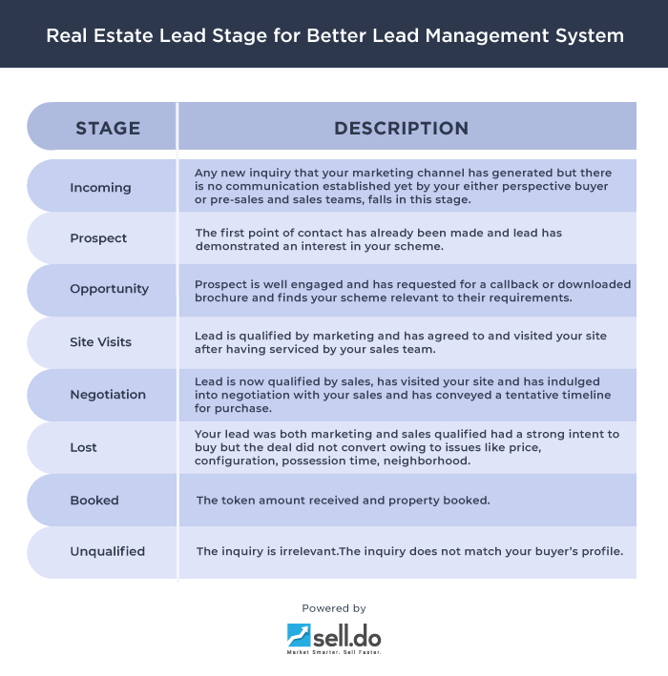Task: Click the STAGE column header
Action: (108, 128)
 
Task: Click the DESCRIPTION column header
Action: (401, 128)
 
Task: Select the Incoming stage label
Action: (100, 188)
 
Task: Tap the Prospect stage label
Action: (98, 238)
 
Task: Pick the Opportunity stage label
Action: (109, 289)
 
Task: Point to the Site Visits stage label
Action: (101, 341)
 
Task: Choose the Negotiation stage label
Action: (108, 395)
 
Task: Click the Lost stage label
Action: (84, 447)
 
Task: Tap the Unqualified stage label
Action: (107, 551)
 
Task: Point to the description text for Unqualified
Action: (408, 551)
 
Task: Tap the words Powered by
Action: (334, 608)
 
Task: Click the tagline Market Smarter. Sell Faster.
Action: (334, 653)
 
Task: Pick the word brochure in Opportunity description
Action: (221, 298)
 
